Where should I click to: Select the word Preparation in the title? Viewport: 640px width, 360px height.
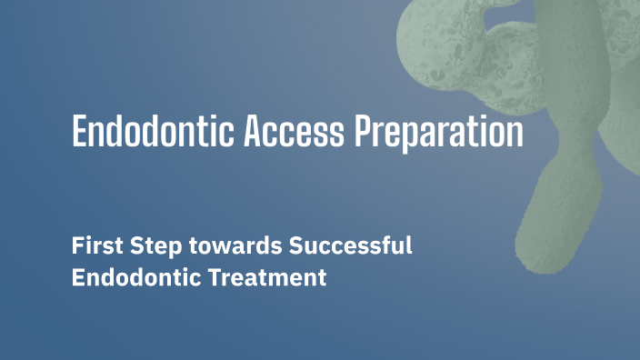(x=438, y=133)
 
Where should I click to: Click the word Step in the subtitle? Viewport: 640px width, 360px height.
(x=145, y=245)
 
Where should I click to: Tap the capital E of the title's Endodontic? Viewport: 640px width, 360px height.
(x=79, y=133)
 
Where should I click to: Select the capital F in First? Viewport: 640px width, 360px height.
(x=77, y=245)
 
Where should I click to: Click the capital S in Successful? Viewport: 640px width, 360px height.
(x=294, y=245)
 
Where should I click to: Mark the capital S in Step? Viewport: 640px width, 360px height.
(x=129, y=245)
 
